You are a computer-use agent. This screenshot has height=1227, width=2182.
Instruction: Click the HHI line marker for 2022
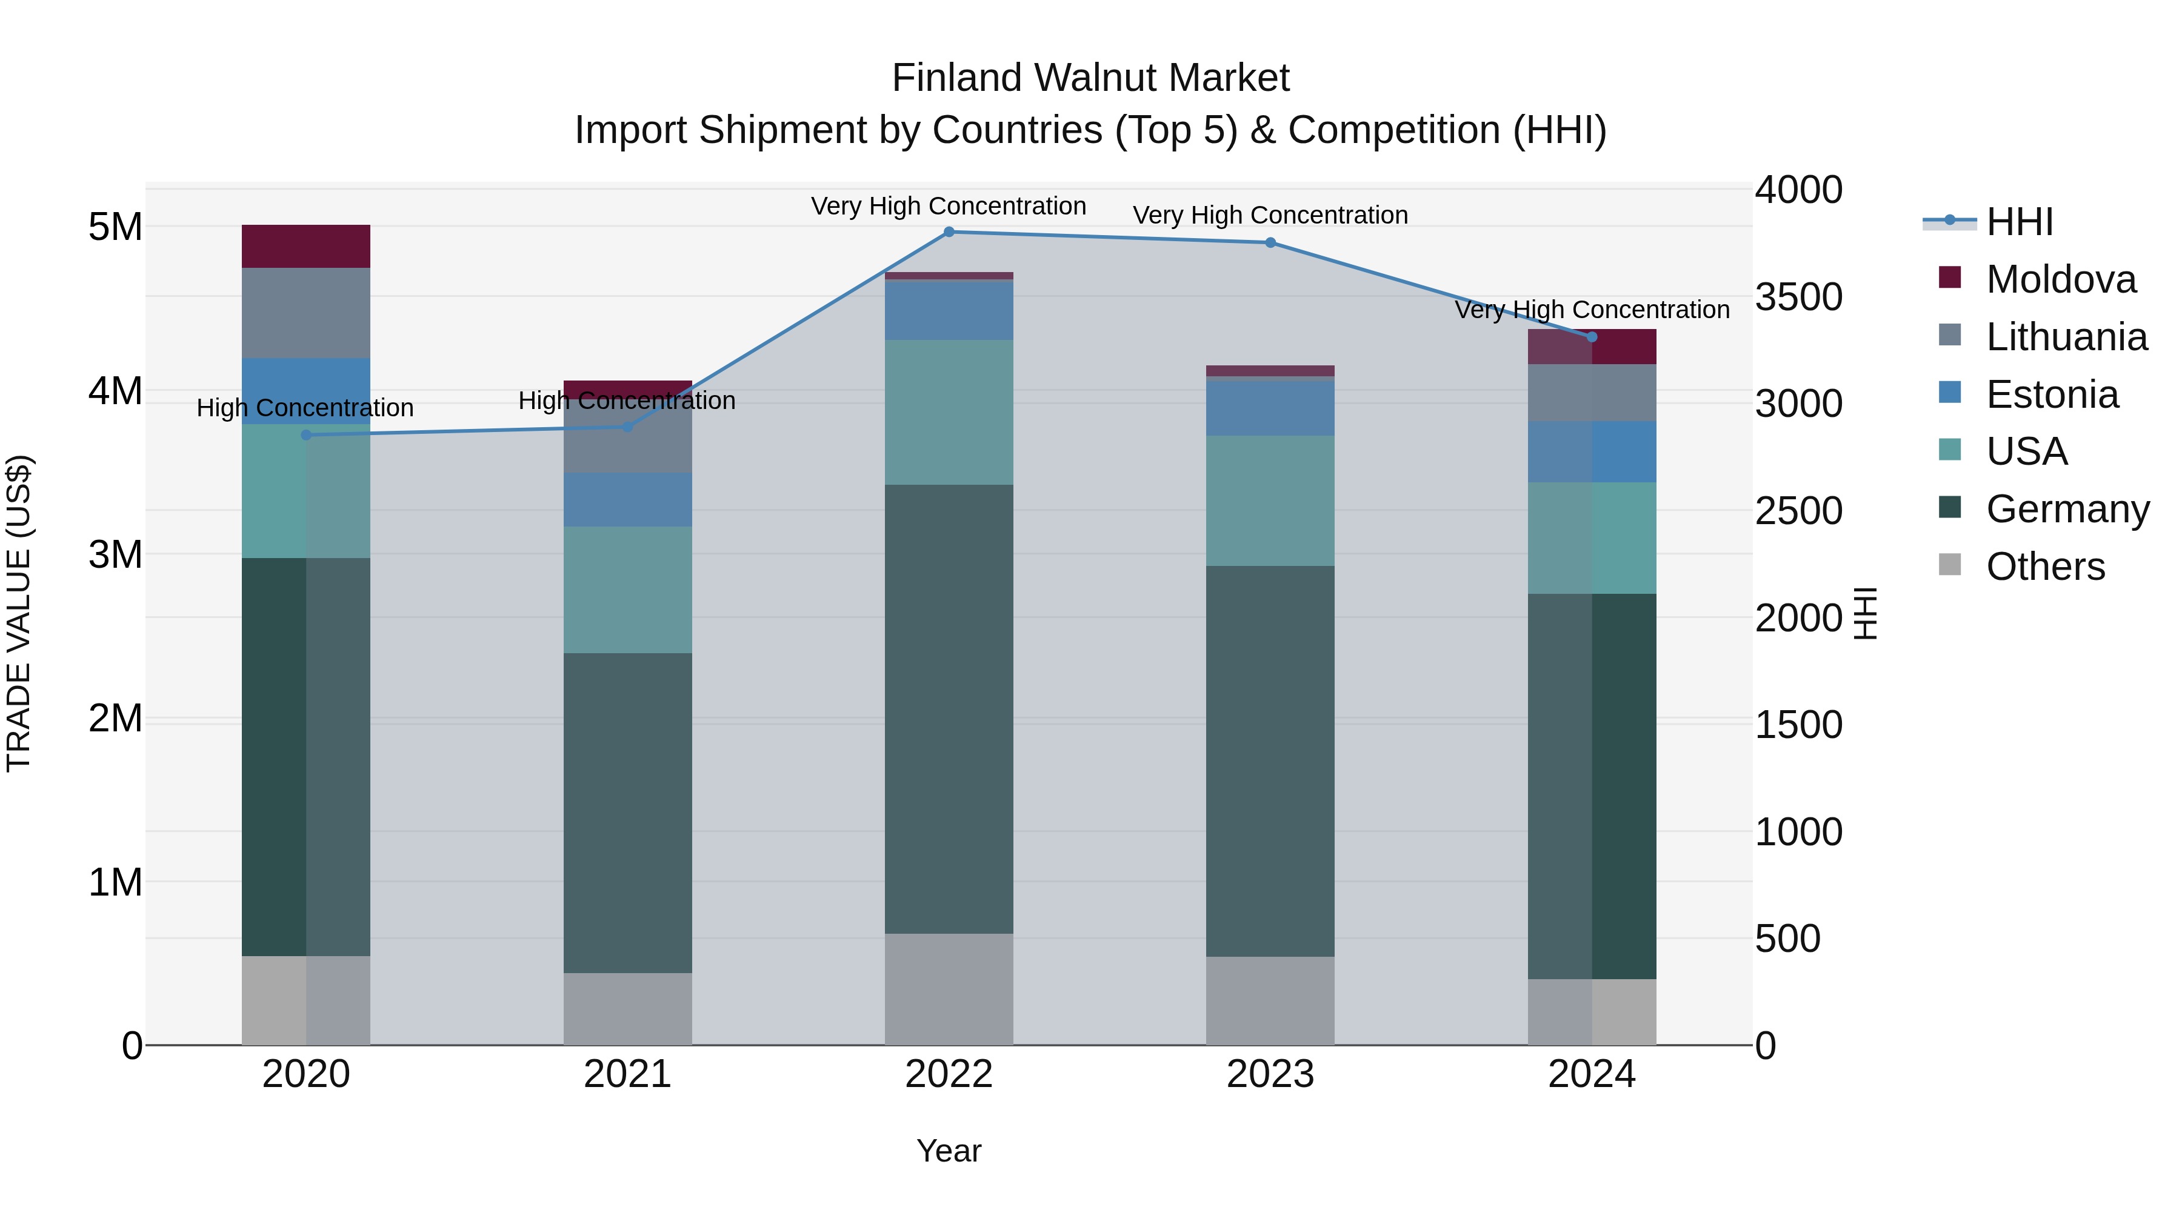949,232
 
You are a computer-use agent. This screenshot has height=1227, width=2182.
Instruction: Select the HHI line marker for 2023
1270,243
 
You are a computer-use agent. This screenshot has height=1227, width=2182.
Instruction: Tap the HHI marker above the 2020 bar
307,435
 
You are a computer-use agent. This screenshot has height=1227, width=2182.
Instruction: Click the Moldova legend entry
2060,279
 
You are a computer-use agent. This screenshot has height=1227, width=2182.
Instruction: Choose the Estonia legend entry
2052,394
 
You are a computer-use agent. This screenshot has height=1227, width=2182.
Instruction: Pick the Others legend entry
2045,567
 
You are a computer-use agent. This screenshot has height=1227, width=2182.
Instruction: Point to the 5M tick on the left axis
115,227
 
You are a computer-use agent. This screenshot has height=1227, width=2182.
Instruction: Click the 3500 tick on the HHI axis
1798,298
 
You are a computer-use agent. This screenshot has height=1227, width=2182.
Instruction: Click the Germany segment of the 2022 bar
949,709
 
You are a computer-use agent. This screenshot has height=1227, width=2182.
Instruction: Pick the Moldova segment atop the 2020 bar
306,247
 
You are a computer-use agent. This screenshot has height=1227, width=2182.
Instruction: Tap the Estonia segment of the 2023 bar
1270,408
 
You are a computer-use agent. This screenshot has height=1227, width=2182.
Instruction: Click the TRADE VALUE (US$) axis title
19,613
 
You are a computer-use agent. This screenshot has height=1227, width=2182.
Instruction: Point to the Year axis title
949,1151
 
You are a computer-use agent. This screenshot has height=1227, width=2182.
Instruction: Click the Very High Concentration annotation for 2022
948,206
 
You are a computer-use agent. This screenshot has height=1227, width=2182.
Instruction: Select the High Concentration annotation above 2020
305,408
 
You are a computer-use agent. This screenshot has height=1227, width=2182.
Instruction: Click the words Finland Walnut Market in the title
1090,78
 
